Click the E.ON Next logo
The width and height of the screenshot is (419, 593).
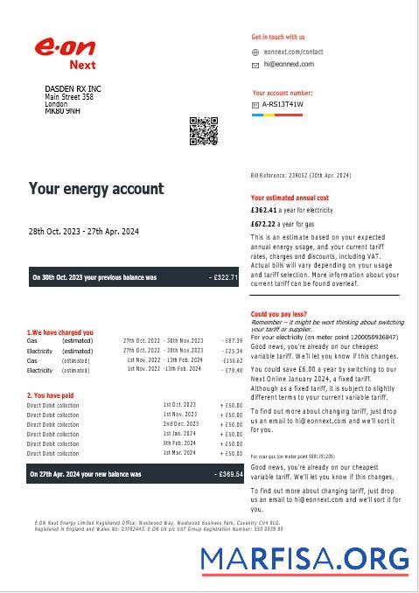65,52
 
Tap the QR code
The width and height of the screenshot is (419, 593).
203,130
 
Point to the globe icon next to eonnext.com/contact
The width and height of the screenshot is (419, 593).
255,52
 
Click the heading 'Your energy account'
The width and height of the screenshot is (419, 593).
96,189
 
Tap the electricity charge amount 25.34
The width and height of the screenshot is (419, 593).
232,351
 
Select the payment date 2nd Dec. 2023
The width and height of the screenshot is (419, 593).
179,424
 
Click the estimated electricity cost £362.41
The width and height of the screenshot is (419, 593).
262,211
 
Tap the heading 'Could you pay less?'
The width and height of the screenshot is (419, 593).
278,314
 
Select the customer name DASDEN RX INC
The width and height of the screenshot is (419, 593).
73,89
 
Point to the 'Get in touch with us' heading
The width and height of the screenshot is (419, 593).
278,38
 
